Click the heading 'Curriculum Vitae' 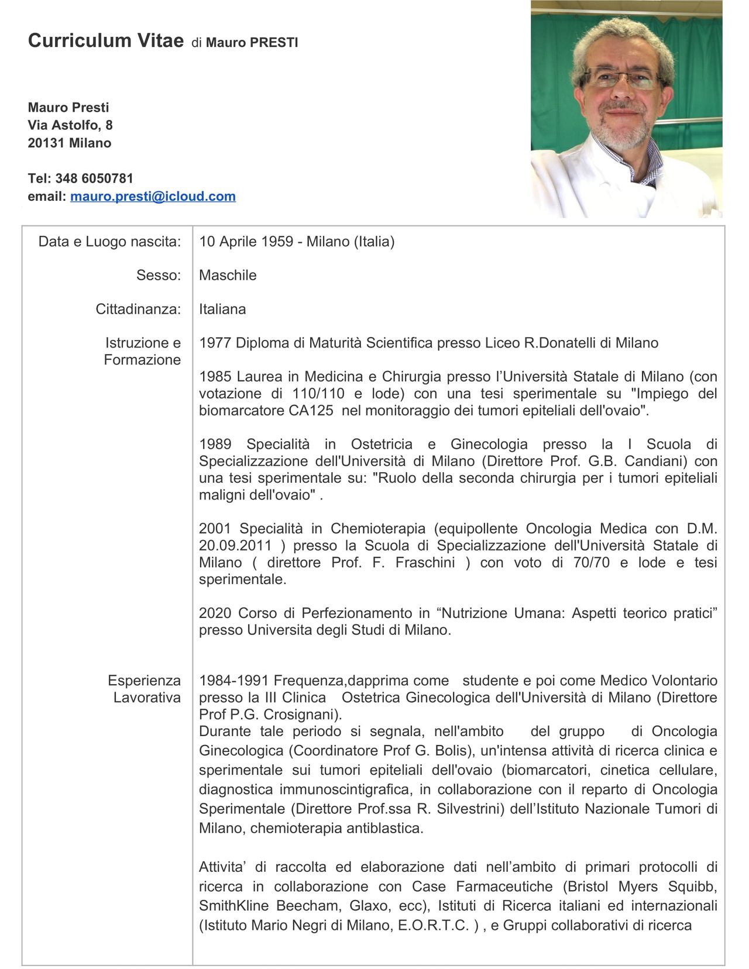click(x=105, y=40)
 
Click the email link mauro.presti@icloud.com click(x=153, y=197)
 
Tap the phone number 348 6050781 click(x=94, y=178)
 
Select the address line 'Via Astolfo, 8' click(x=70, y=125)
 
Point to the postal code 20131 click(x=46, y=143)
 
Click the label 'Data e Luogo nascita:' click(x=109, y=242)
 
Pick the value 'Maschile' click(x=228, y=276)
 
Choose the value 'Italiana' click(x=222, y=310)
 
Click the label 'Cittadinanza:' click(x=138, y=310)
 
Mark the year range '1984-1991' click(x=233, y=681)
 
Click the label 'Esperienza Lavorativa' click(x=145, y=689)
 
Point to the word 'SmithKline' click(x=233, y=906)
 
